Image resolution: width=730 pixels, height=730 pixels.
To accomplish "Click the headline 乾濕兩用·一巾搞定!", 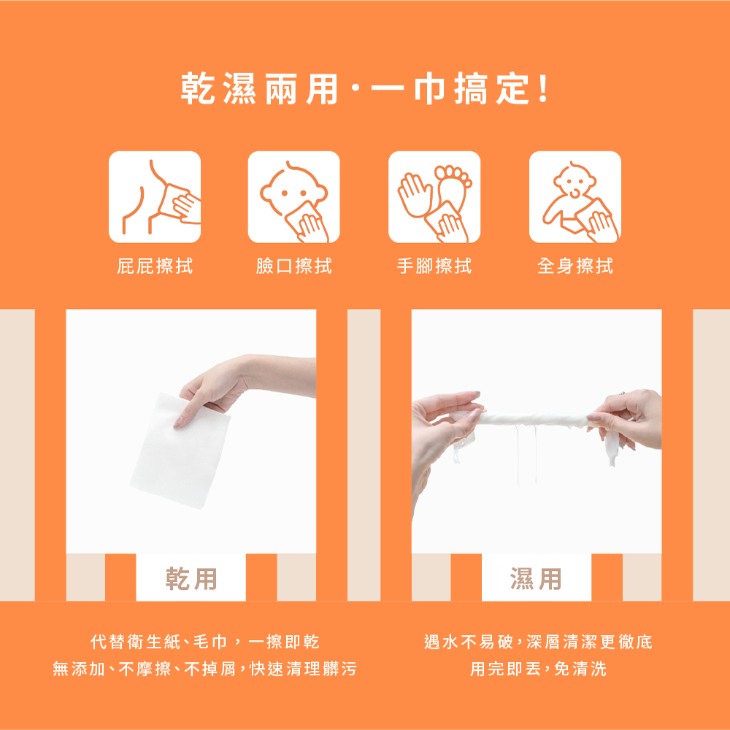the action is pos(365,88).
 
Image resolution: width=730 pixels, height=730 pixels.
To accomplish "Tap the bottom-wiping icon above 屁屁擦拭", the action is pos(155,197).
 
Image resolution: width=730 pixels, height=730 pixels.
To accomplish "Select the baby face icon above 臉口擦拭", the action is pos(293,197).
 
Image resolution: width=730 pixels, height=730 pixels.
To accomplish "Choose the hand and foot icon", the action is pos(434,197).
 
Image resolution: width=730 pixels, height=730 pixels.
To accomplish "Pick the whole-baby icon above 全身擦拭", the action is pos(575,197).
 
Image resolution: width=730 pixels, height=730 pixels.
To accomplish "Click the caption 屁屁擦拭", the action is pos(155,266).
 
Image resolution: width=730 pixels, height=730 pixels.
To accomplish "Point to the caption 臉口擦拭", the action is pos(293,266).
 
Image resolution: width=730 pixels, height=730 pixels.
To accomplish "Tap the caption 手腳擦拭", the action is pos(434,266).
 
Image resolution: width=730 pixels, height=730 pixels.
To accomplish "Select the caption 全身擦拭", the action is pos(575,266).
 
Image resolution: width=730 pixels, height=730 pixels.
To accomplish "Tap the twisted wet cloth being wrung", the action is pos(535,420).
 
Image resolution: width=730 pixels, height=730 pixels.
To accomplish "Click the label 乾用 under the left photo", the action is pos(191,579).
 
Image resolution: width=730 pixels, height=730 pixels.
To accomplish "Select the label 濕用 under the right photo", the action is pos(537,579).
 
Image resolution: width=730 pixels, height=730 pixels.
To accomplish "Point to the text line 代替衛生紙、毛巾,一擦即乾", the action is pos(205,642).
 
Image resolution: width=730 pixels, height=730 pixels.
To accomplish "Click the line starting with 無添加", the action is pos(205,669).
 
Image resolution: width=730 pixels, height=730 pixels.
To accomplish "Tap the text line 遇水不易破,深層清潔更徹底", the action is pos(538,642).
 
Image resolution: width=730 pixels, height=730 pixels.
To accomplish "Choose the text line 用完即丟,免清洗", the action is pos(538,669).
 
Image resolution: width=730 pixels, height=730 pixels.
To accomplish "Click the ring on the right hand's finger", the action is pos(623,394).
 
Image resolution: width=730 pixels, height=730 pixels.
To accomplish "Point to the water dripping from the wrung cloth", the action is pos(526,454).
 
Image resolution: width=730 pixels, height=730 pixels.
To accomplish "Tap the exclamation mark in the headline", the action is pos(543,88).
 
